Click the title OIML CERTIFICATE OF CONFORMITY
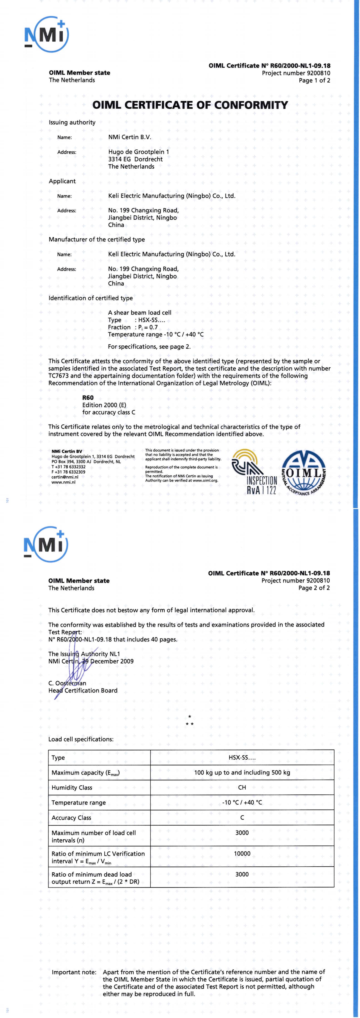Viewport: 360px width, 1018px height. point(190,105)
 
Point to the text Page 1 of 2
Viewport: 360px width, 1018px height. point(314,81)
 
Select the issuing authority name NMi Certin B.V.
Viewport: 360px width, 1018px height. point(130,137)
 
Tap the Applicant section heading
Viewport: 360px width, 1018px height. point(62,181)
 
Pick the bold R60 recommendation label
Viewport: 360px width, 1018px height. point(88,398)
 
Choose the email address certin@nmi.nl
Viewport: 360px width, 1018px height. point(65,477)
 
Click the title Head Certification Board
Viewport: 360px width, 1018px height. point(83,690)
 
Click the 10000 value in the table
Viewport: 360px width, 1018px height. point(242,854)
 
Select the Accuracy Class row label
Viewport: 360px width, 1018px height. point(71,818)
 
